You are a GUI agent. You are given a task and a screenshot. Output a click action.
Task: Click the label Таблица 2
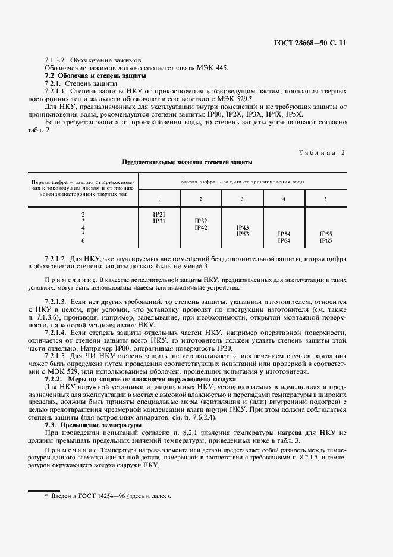[x=321, y=152]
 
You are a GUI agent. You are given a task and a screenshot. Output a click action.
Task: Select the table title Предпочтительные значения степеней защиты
[x=187, y=162]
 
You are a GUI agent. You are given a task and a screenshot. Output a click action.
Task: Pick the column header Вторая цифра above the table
[x=243, y=180]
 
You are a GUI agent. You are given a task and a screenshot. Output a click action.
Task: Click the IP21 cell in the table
[x=159, y=214]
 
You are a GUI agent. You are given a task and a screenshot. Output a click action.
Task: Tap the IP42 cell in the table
[x=201, y=227]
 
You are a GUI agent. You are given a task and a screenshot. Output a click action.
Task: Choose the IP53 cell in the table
[x=243, y=234]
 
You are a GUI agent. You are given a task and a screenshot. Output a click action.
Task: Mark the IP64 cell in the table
[x=284, y=240]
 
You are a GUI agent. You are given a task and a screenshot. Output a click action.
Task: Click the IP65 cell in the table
[x=325, y=240]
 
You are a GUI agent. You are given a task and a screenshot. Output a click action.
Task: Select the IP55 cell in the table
[x=325, y=234]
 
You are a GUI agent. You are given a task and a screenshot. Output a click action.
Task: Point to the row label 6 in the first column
[x=83, y=240]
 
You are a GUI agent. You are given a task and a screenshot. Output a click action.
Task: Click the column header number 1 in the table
[x=159, y=198]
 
